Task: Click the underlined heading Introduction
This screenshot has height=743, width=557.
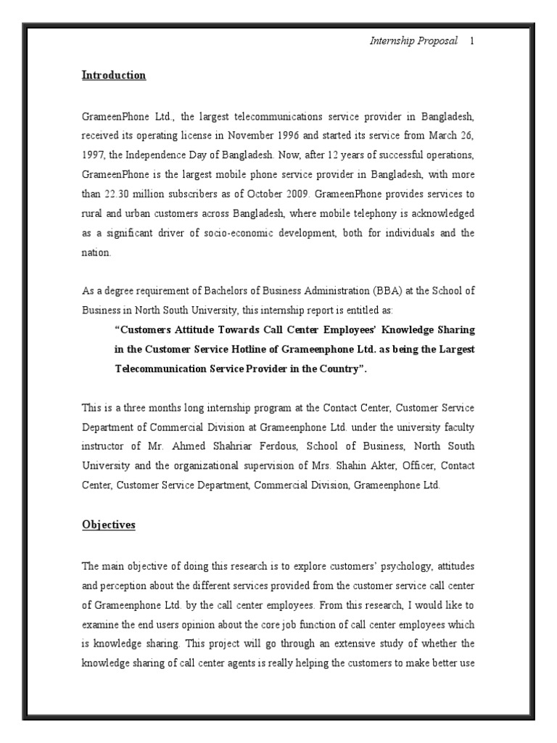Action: (x=113, y=75)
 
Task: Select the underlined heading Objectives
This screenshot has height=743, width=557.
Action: (x=108, y=525)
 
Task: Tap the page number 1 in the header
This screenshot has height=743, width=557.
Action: (x=471, y=41)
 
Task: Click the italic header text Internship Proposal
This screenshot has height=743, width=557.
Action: (x=414, y=41)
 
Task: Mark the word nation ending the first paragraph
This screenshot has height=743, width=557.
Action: (x=96, y=253)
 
